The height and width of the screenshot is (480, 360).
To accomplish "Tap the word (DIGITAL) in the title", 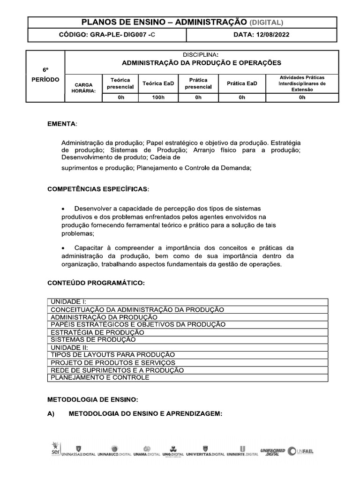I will click(266, 22).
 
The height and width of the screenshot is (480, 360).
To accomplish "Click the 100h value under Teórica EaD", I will click(158, 97).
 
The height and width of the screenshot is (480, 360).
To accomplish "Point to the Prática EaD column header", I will click(242, 83).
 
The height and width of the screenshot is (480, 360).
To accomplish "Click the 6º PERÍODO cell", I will click(45, 75).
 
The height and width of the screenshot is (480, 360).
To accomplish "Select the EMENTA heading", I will click(63, 124).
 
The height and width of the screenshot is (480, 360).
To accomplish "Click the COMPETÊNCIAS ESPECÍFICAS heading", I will click(99, 189).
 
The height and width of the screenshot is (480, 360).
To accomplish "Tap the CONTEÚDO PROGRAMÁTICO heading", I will click(96, 283).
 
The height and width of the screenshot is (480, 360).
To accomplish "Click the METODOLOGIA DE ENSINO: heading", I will click(93, 399).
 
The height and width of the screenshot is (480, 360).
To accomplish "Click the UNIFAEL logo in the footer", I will click(301, 451).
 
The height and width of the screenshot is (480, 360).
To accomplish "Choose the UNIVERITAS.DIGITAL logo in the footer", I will click(205, 452).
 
